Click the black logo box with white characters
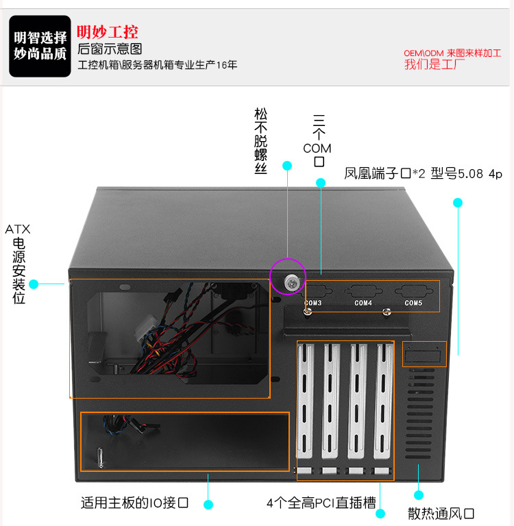coord(40,46)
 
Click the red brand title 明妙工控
coord(108,32)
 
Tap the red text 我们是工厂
coord(434,64)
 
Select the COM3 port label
coord(313,303)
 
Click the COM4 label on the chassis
coord(363,303)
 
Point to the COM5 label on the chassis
coord(413,303)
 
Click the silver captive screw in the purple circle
coord(292,282)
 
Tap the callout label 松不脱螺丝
coord(260,140)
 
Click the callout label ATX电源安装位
coord(18,264)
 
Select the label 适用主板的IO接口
coord(134,503)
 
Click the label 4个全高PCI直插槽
coord(321,503)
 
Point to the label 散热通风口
coord(441,513)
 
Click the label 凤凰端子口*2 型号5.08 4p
coord(423,173)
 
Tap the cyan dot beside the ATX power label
coord(34,284)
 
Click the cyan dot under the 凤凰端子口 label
coord(458,203)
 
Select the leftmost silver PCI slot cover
coord(305,401)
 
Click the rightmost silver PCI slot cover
coord(383,401)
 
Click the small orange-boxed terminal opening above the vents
coord(424,354)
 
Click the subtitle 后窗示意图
coord(110,49)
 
